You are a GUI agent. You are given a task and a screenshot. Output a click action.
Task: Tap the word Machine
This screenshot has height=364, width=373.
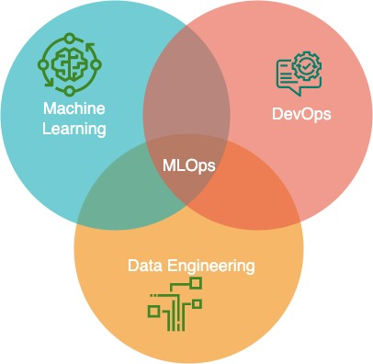coord(71,109)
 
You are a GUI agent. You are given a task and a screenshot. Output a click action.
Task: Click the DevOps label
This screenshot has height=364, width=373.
coord(301,116)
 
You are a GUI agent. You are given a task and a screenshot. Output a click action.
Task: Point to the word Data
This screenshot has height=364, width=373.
coord(143,267)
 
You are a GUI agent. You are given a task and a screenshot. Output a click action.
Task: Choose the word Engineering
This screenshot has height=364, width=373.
coord(212,267)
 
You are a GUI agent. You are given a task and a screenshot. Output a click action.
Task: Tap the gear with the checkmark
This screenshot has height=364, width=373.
coord(308,70)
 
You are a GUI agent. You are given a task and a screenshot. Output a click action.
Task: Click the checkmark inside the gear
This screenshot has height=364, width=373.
coord(308,70)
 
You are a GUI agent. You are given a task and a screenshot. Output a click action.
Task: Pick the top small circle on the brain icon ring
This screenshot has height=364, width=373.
coord(68,38)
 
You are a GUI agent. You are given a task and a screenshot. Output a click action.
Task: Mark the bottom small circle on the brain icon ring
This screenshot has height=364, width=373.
coord(68,89)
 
